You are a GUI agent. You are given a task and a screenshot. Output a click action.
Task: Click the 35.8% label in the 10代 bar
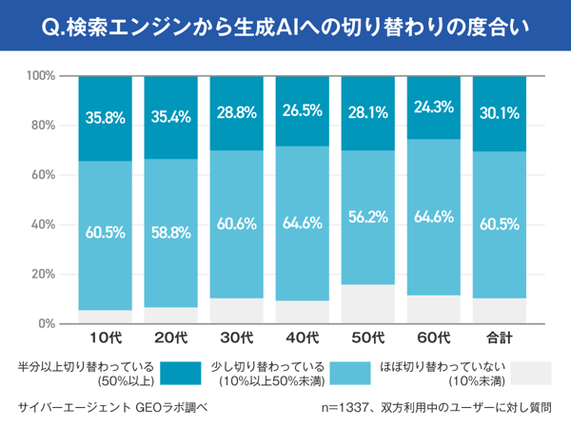click(105, 118)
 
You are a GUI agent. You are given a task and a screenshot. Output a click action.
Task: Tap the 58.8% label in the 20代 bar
click(170, 230)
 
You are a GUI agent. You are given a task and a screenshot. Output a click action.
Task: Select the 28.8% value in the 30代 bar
click(236, 112)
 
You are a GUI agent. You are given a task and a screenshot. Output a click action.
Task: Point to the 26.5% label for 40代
click(302, 109)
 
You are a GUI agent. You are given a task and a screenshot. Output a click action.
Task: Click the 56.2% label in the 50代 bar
click(367, 216)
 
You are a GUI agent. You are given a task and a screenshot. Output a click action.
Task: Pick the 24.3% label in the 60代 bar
click(433, 107)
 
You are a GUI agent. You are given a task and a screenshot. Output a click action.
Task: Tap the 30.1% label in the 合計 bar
click(499, 113)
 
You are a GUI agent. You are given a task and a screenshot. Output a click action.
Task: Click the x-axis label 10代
click(105, 338)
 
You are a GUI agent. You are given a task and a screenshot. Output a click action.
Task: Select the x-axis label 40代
click(302, 338)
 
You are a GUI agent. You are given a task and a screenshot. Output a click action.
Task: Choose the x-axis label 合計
click(499, 338)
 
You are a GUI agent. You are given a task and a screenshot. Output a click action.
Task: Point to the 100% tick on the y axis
click(40, 76)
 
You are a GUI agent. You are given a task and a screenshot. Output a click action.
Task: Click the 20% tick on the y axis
click(43, 275)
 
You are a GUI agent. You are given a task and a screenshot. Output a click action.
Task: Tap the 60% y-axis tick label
click(43, 175)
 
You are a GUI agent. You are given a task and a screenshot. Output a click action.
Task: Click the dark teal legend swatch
click(180, 372)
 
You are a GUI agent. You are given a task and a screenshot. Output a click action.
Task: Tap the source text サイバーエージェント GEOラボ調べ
click(112, 407)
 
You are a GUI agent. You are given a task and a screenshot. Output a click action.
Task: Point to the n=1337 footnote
click(437, 407)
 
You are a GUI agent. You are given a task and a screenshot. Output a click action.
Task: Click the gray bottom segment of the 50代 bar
click(367, 304)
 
